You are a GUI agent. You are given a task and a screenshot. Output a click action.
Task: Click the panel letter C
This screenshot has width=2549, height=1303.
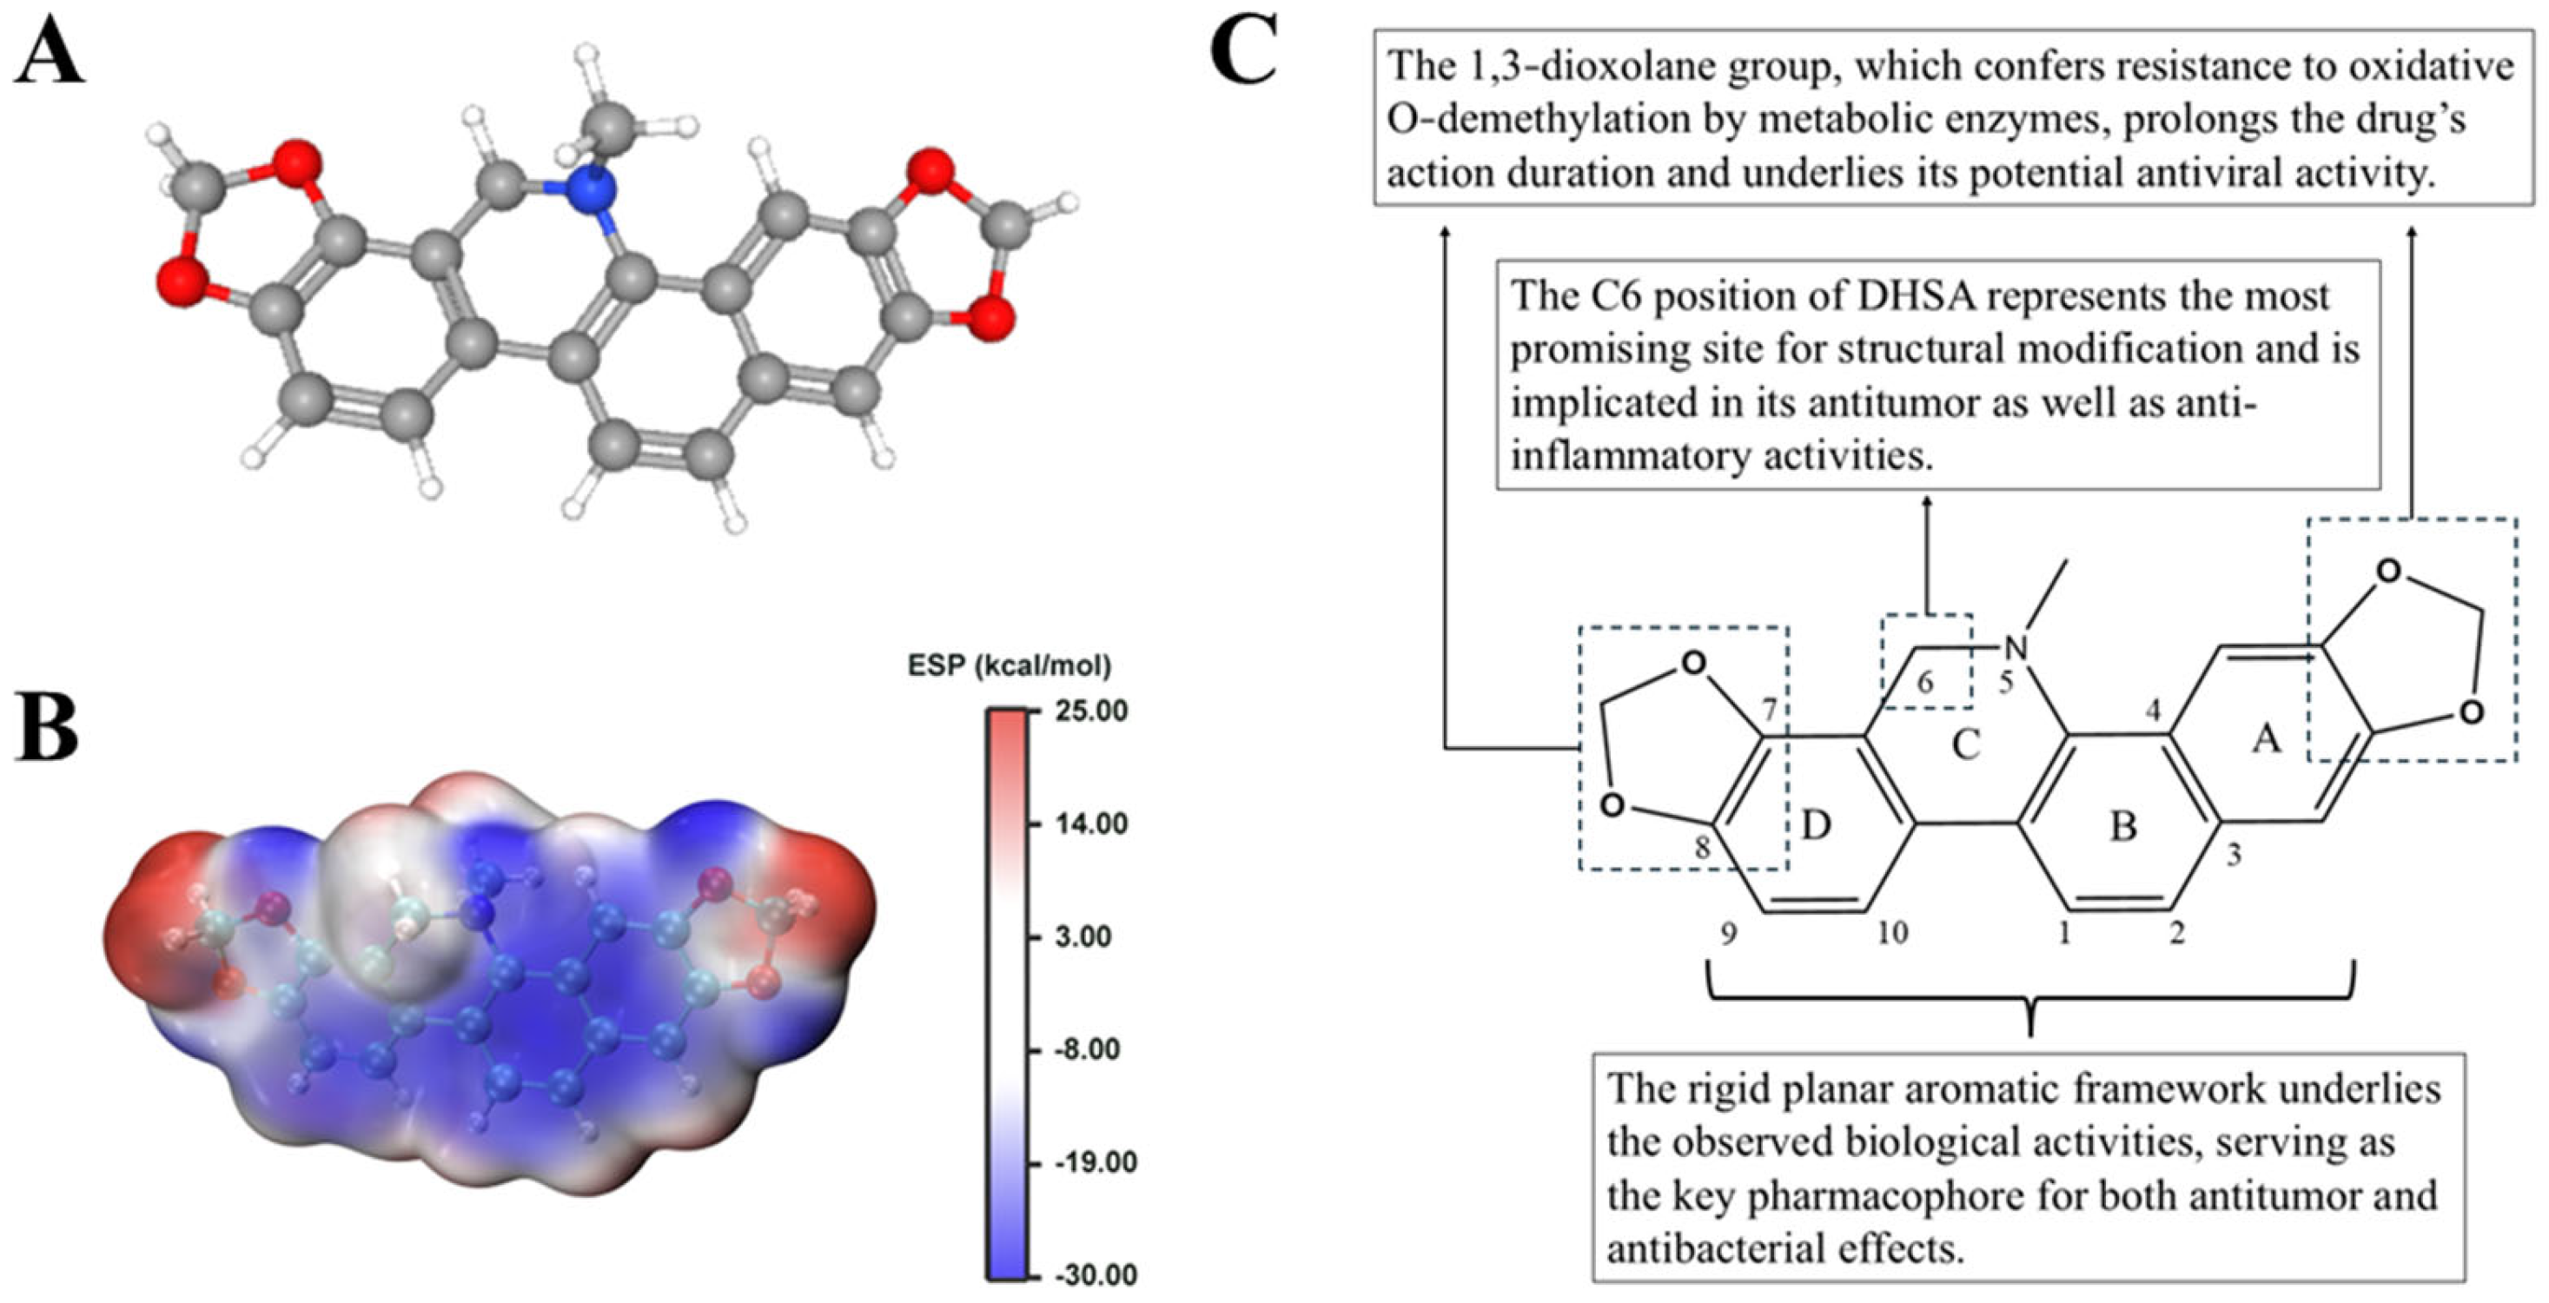[1244, 51]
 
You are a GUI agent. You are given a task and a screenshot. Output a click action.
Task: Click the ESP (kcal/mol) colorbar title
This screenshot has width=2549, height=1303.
[1010, 666]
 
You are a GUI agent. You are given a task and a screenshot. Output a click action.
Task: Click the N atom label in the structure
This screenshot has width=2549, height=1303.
[2015, 648]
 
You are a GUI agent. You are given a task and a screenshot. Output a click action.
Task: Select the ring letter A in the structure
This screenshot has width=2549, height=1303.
[2266, 738]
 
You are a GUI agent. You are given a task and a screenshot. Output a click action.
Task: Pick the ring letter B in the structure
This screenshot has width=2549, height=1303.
[2123, 825]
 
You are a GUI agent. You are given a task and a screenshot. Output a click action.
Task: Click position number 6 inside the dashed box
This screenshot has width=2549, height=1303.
[1924, 684]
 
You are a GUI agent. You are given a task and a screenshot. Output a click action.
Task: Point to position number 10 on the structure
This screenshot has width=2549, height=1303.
[1891, 932]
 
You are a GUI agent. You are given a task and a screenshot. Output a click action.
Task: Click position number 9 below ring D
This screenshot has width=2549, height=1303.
[1728, 934]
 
